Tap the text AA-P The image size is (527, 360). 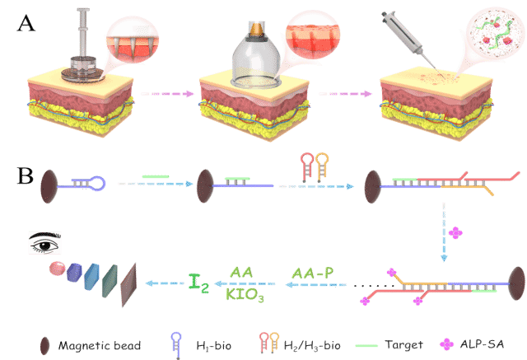pyautogui.click(x=312, y=273)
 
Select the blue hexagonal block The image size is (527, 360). pyautogui.click(x=76, y=274)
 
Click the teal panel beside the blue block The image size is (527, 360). pyautogui.click(x=110, y=280)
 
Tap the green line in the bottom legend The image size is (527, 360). pyautogui.click(x=366, y=345)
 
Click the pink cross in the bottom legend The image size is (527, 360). pyautogui.click(x=445, y=344)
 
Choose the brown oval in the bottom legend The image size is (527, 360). pyautogui.click(x=44, y=344)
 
